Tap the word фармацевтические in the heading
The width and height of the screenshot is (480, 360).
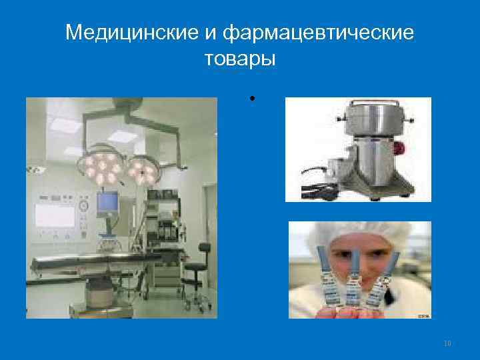coord(319,31)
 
